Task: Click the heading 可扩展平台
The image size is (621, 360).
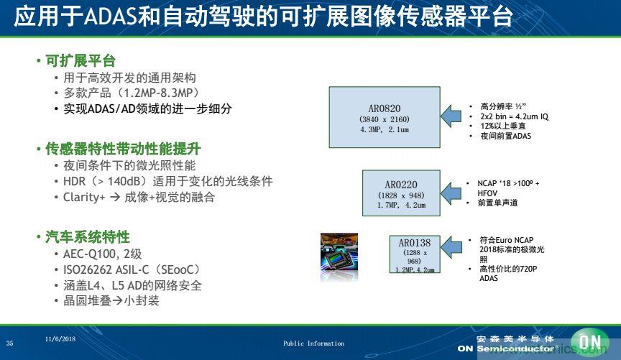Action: tap(80, 61)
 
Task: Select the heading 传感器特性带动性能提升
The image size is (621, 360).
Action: tap(123, 149)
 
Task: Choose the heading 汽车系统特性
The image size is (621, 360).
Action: tap(88, 237)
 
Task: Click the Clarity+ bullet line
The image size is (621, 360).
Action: tap(139, 196)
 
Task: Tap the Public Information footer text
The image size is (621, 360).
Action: tap(313, 343)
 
